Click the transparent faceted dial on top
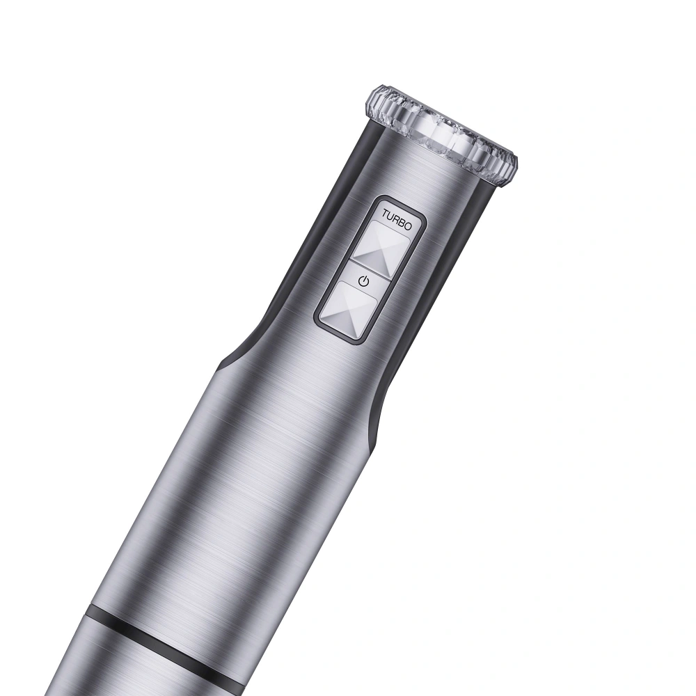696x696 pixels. point(441,133)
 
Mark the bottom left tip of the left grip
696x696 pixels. point(225,363)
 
